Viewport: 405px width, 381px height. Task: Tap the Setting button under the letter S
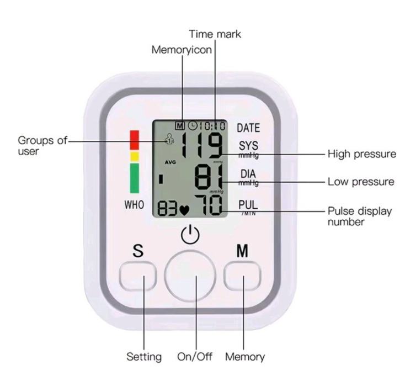138,276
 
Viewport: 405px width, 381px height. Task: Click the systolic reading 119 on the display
202,146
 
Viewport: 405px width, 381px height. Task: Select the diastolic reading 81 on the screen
209,178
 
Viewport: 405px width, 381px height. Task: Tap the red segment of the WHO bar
135,140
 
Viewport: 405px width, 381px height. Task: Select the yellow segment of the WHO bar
135,156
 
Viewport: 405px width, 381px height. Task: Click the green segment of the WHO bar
135,177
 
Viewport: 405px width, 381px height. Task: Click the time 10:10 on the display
212,126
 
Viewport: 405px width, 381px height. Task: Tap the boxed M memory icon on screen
178,126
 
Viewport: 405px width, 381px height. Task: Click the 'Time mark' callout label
215,34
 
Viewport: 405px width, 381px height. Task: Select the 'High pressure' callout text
362,154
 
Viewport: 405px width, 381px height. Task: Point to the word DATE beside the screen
248,128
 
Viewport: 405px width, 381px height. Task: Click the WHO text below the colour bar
134,204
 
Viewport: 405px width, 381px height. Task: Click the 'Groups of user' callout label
38,145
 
